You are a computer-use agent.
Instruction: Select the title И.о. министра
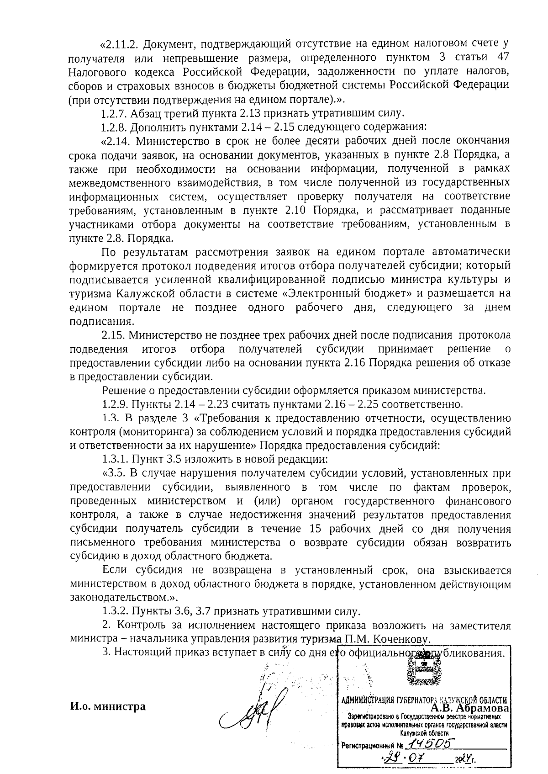pyautogui.click(x=108, y=707)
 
